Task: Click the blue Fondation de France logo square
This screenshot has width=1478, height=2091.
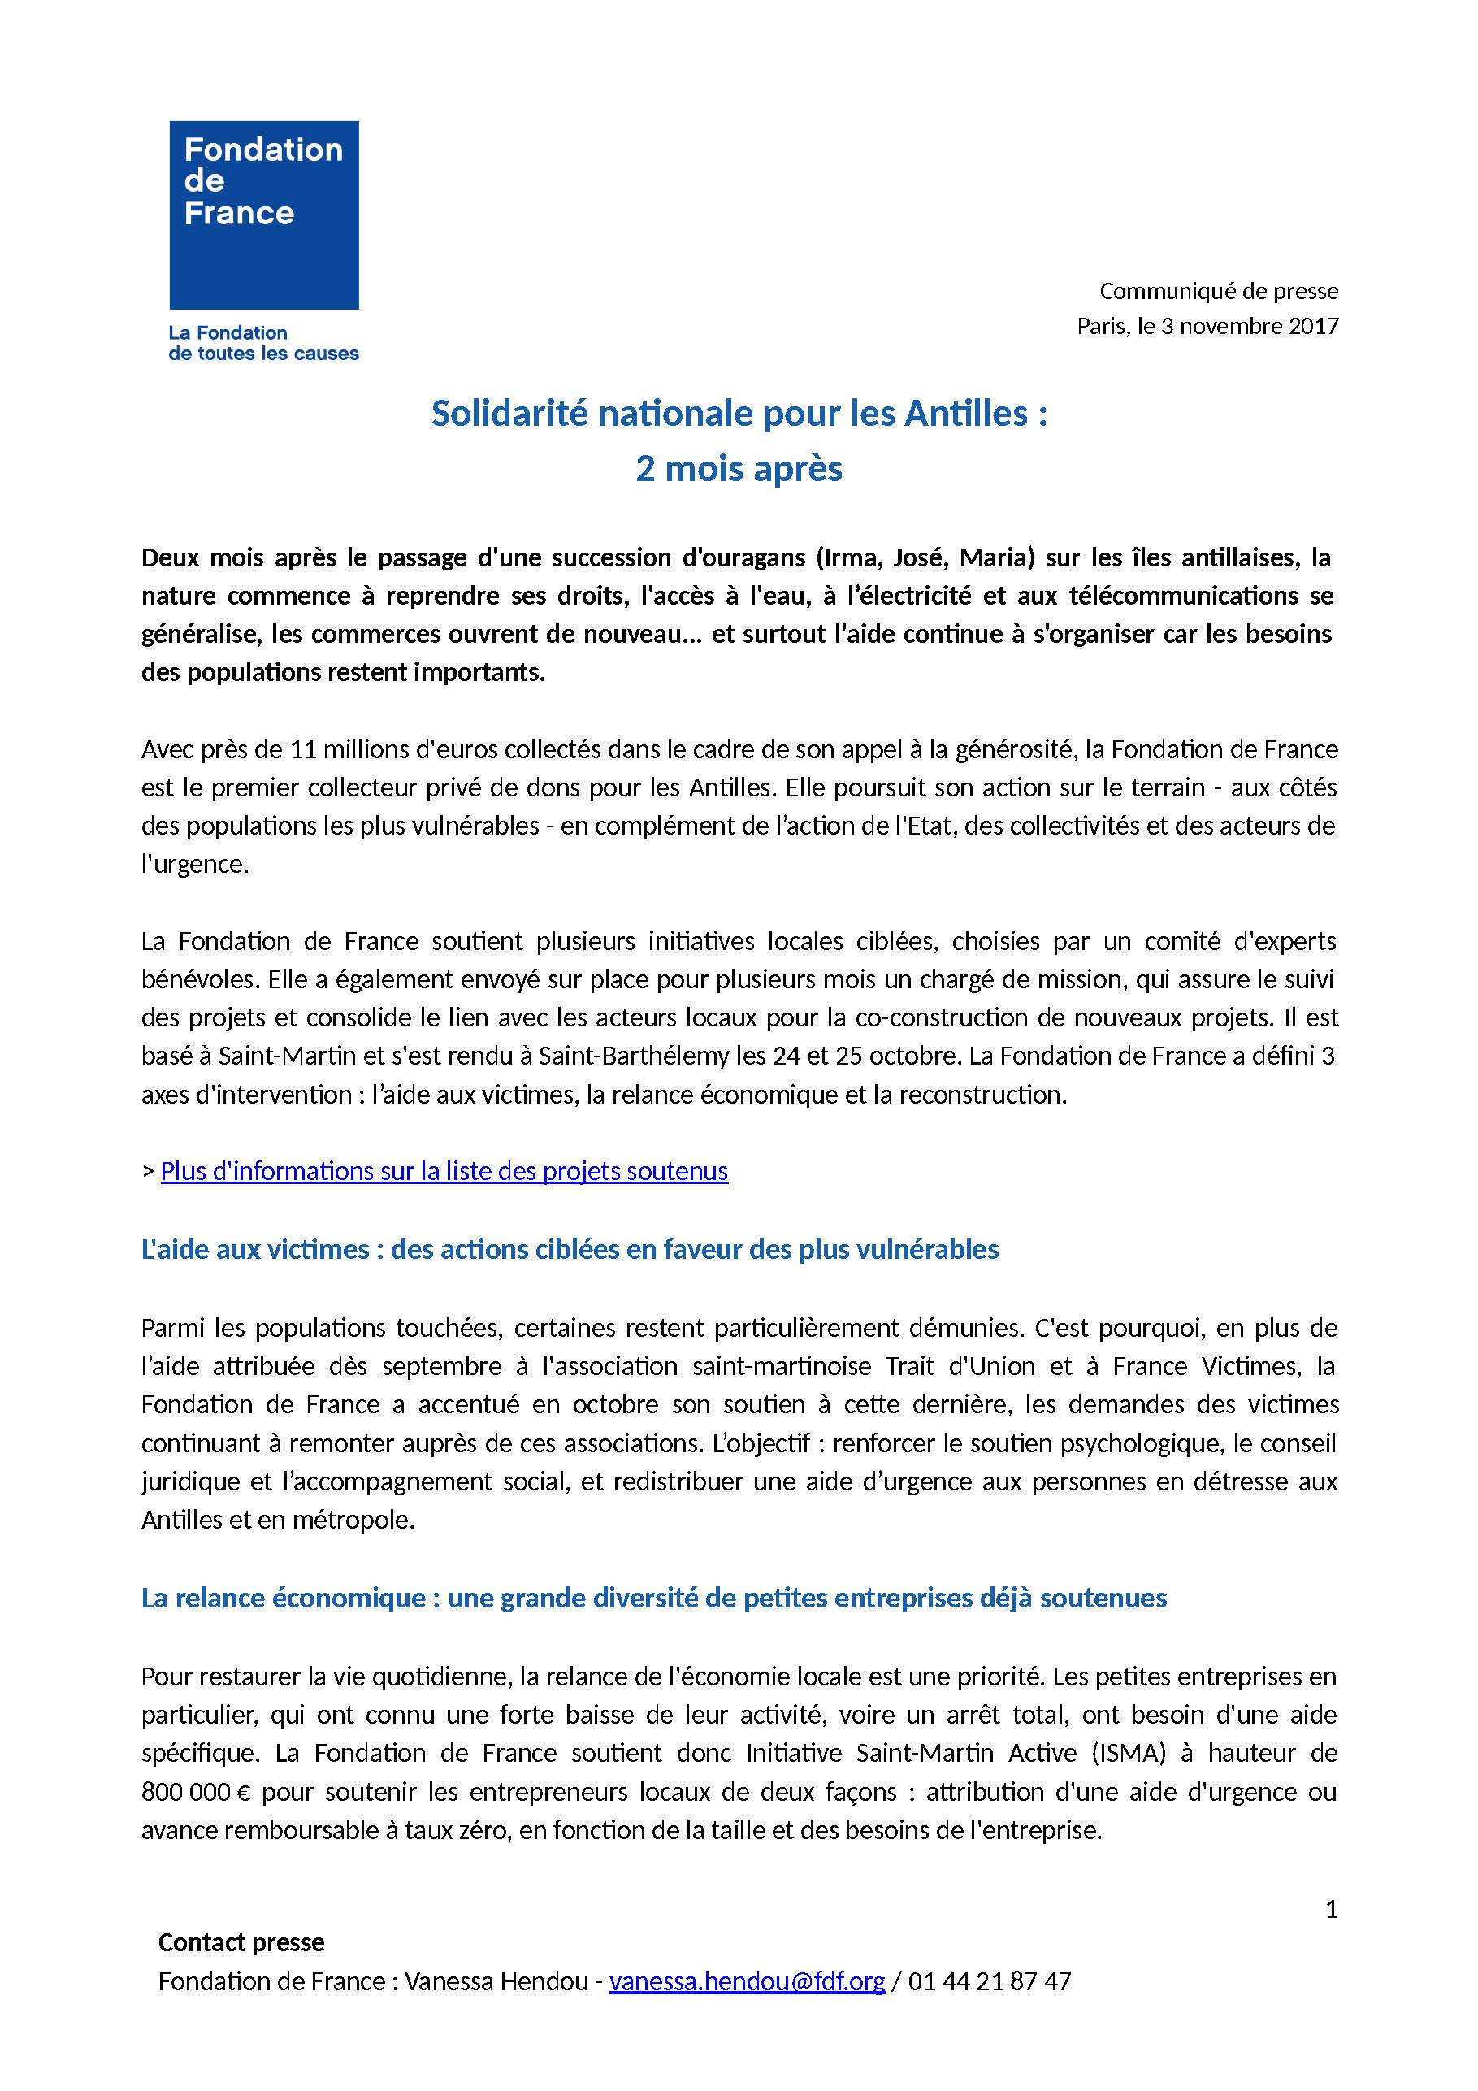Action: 263,215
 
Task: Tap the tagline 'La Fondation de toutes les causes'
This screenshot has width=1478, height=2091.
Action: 263,343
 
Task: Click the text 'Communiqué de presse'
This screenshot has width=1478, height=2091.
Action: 1219,292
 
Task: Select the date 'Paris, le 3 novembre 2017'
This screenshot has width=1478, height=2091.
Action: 1207,326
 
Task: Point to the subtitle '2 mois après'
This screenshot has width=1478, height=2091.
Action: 739,468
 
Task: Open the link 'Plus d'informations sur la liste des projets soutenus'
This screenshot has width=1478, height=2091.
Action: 444,1171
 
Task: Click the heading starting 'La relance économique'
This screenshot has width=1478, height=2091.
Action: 653,1599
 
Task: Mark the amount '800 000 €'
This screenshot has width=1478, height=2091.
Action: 195,1792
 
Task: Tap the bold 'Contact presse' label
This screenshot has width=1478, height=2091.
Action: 241,1942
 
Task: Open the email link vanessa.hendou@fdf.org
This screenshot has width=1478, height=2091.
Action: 747,1982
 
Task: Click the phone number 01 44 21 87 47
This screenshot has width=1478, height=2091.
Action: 989,1982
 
